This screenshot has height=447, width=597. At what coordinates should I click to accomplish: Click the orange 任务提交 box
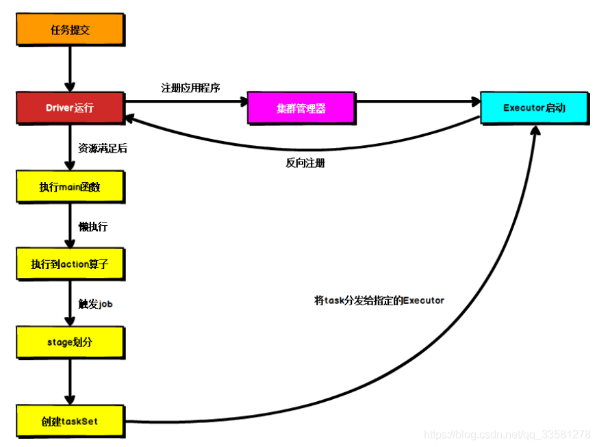(x=70, y=30)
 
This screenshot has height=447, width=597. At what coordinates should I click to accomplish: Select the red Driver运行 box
(x=70, y=108)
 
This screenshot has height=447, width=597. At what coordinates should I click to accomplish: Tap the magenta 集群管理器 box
(x=301, y=108)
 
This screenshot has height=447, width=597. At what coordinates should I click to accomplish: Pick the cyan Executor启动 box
(x=534, y=108)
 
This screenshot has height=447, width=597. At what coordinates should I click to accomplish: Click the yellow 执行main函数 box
(x=70, y=187)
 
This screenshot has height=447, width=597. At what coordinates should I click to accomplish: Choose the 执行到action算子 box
(x=70, y=264)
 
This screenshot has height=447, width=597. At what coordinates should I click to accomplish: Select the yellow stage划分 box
(x=70, y=342)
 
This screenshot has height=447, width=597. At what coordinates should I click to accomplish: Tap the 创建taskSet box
(x=70, y=420)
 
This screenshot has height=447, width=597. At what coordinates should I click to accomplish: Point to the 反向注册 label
(x=305, y=163)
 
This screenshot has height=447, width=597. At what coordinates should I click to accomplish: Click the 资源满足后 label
(x=103, y=148)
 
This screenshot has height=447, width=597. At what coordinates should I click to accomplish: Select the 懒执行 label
(x=93, y=226)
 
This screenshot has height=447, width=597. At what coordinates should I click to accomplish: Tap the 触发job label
(x=96, y=303)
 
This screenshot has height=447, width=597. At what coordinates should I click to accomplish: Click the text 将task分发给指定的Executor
(x=379, y=300)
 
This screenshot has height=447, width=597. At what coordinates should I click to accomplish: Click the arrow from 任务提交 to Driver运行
(x=70, y=69)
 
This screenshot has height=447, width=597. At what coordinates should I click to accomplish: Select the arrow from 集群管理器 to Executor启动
(x=418, y=102)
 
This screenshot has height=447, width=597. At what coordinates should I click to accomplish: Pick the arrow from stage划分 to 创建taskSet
(x=70, y=381)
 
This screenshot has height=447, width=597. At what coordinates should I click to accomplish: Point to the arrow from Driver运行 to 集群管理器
(x=185, y=102)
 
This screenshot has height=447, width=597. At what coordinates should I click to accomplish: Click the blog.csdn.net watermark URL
(x=507, y=435)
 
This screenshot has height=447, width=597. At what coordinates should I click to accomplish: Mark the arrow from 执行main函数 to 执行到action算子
(x=70, y=226)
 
